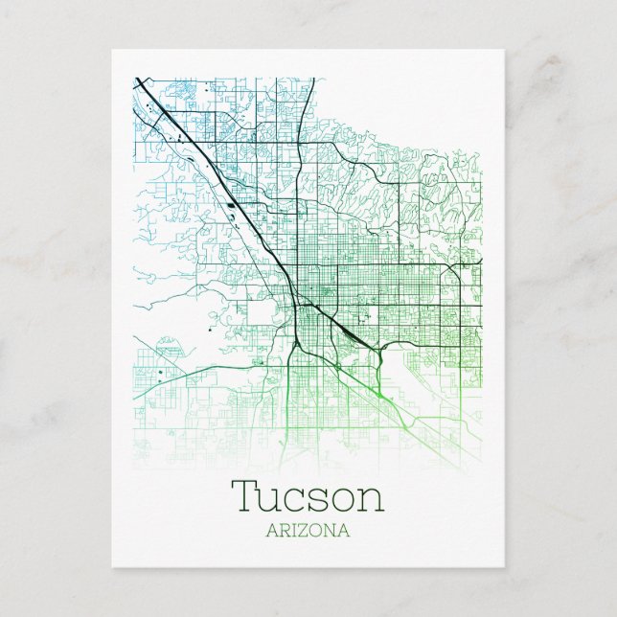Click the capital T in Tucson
pos(244,496)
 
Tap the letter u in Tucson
pos(271,500)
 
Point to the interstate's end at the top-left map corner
pos(138,80)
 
